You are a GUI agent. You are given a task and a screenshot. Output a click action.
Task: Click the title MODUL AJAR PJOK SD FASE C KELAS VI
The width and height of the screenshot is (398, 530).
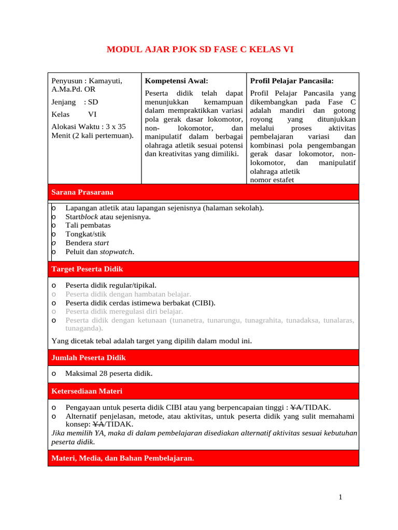(200, 50)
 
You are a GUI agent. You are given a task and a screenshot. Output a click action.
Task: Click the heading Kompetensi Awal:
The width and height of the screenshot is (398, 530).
(176, 81)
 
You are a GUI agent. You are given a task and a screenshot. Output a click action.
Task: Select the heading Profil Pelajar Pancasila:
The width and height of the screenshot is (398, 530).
(292, 81)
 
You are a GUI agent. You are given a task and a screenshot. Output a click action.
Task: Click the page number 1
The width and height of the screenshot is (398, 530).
(340, 497)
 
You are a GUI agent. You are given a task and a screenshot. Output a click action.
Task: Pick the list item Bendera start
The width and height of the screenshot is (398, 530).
(87, 243)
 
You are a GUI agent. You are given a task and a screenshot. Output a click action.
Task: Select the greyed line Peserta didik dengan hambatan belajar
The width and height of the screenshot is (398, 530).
(128, 294)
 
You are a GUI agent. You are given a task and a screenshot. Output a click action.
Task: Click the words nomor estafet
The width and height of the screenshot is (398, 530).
(272, 180)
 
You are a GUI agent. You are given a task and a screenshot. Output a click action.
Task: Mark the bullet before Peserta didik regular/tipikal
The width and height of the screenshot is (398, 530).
(54, 285)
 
